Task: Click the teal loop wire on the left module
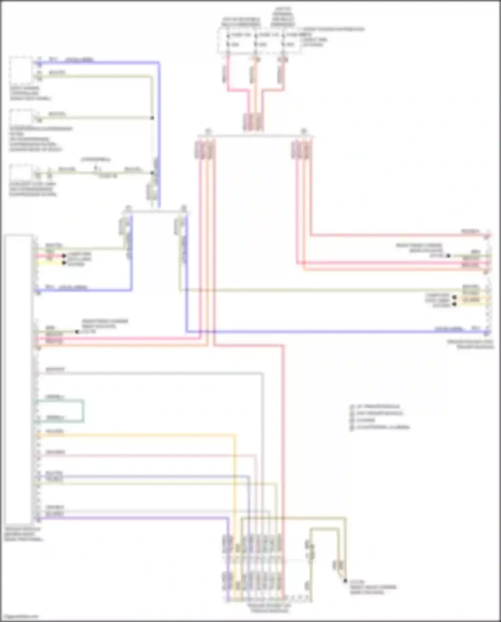click(83, 410)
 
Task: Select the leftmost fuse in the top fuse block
click(228, 40)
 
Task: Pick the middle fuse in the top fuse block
click(256, 40)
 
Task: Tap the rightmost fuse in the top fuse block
click(283, 40)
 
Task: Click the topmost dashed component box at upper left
click(21, 70)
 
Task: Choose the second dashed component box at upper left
click(21, 117)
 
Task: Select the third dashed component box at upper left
click(21, 172)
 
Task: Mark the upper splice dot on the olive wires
click(152, 118)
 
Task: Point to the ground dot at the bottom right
click(345, 581)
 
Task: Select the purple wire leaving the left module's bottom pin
click(134, 518)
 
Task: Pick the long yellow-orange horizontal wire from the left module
click(134, 435)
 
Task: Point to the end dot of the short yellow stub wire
click(64, 263)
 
